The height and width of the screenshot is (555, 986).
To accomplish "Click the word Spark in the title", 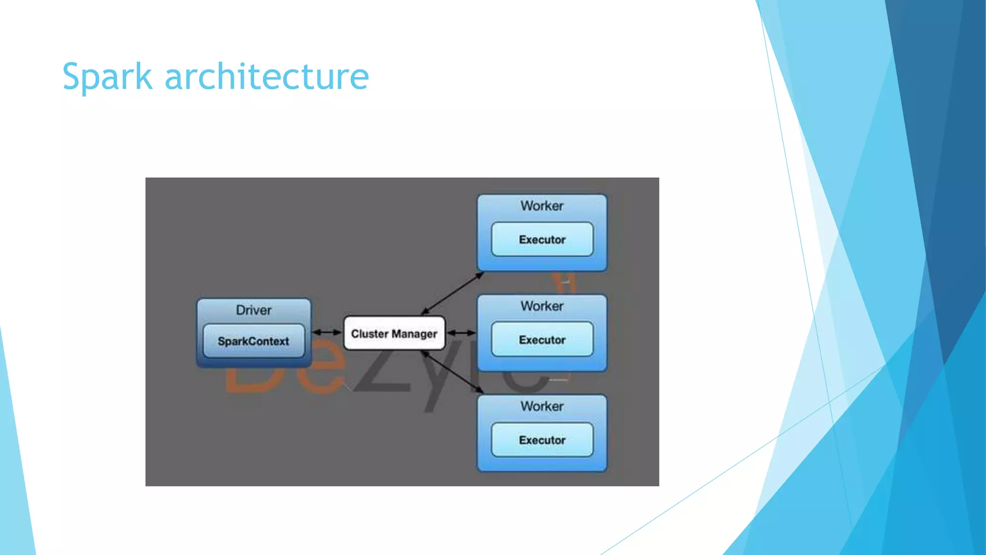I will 107,77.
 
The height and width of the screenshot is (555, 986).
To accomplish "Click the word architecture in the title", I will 267,77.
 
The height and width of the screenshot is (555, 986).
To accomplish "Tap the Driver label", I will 254,310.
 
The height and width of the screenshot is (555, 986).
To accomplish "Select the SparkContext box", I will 254,341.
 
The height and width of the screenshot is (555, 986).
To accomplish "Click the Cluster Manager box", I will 394,333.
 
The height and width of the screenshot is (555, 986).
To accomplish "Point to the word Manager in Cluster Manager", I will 415,334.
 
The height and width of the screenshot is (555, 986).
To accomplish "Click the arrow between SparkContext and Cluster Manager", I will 327,332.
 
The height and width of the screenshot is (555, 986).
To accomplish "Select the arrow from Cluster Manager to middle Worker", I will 461,333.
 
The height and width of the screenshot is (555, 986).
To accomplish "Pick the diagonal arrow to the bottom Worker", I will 452,371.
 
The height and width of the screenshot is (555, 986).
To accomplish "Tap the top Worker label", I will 542,206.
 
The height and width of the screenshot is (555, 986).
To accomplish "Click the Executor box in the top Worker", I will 542,239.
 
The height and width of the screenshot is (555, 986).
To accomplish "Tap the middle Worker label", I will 542,306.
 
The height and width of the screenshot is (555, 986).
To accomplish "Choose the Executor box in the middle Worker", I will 542,340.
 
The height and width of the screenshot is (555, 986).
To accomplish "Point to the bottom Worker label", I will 542,406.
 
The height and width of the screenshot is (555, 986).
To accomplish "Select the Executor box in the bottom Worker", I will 542,440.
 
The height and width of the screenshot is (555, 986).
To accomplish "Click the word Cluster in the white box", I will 369,333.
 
